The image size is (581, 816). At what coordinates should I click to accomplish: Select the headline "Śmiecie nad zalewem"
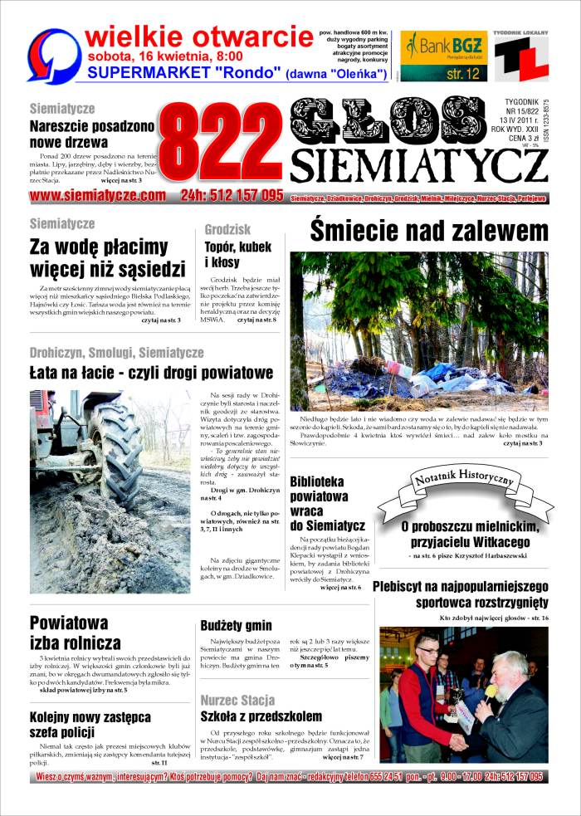coord(429,231)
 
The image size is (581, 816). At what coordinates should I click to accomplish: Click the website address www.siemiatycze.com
coord(98,196)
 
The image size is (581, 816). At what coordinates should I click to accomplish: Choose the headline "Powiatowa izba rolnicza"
coord(76,632)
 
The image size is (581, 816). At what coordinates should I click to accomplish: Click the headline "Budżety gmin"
coord(236,625)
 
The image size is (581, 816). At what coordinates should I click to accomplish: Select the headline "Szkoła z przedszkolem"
coord(261,716)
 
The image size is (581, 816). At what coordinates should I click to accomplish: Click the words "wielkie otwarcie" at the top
coord(198,36)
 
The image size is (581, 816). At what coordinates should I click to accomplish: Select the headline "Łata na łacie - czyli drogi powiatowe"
coord(151,373)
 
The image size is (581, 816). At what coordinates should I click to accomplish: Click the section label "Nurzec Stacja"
coord(237,700)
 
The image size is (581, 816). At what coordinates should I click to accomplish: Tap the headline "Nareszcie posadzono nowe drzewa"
coord(91,135)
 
